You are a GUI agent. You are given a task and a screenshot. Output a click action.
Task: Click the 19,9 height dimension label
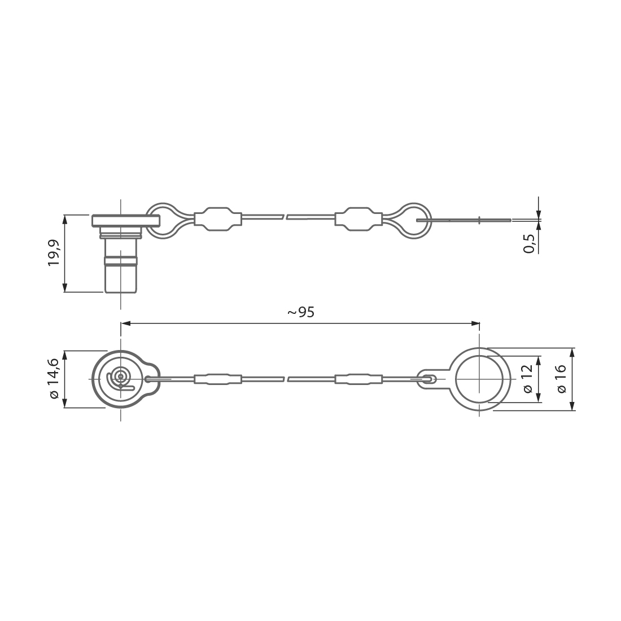(54, 253)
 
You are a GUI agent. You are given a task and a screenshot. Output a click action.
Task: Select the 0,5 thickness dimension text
(529, 242)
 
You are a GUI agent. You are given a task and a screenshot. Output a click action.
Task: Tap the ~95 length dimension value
(300, 312)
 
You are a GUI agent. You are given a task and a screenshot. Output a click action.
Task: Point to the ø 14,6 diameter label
(54, 379)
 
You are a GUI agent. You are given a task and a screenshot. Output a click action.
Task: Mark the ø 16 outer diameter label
(560, 379)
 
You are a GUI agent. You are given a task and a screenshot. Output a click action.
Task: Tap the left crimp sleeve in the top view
(218, 379)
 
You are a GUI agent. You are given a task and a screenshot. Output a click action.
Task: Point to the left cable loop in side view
(164, 220)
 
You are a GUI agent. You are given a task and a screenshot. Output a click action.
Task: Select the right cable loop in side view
(412, 220)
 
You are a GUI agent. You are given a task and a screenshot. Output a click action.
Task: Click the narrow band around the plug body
(120, 260)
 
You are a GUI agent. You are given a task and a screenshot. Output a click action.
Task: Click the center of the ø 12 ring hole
(479, 379)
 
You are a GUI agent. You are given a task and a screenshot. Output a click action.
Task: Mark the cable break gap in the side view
(286, 217)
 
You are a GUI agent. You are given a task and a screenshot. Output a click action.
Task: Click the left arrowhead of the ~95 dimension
(125, 323)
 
